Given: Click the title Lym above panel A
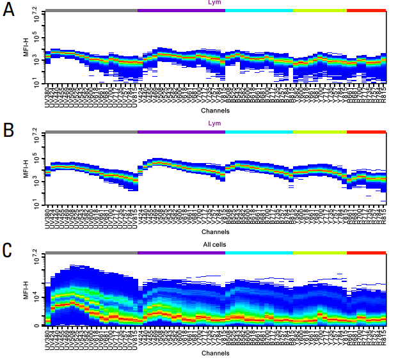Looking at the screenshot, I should (215, 3).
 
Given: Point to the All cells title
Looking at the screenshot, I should (215, 244).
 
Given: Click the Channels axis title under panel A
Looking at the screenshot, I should (215, 110).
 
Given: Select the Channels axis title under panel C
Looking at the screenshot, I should (215, 353).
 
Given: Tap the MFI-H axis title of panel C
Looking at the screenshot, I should (26, 292).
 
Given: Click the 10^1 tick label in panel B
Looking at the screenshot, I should (36, 203).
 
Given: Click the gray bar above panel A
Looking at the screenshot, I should (92, 10).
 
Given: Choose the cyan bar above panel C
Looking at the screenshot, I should (259, 253).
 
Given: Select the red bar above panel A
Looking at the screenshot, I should (366, 10).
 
